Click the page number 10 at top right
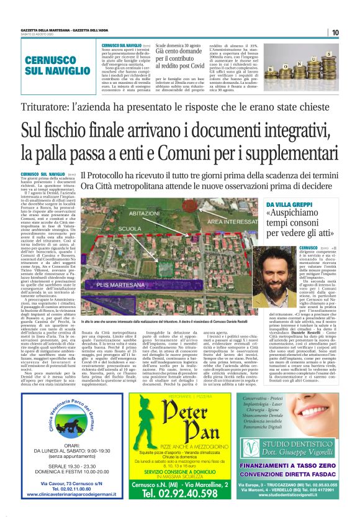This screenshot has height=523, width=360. [335, 32]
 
